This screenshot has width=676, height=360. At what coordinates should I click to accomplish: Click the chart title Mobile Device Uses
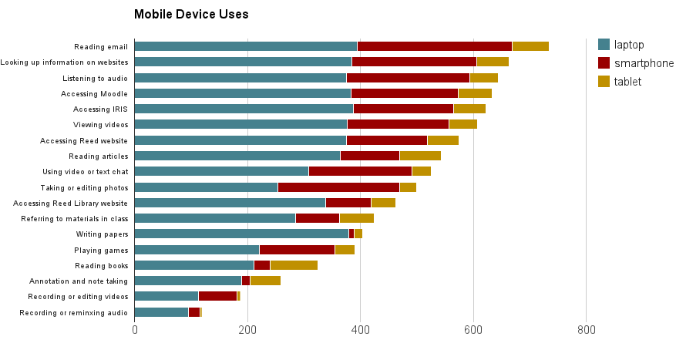[x=191, y=14]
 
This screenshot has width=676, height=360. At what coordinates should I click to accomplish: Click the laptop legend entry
[x=622, y=45]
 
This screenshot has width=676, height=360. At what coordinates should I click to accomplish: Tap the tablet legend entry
[x=621, y=82]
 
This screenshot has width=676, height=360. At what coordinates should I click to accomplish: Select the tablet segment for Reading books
[x=294, y=265]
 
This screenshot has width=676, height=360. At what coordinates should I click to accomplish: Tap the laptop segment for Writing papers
[x=241, y=234]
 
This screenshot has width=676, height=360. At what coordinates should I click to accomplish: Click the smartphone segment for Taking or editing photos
[x=338, y=187]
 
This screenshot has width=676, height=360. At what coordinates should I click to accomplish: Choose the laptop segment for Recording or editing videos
[x=166, y=296]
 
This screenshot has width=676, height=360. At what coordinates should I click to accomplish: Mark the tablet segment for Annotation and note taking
[x=265, y=281]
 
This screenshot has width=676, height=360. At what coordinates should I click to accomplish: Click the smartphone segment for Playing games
[x=297, y=250]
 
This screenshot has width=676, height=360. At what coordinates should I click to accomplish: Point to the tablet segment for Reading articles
[x=420, y=156]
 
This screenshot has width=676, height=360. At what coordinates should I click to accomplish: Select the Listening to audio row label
[x=96, y=78]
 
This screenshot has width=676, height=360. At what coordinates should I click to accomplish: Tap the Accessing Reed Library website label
[x=70, y=203]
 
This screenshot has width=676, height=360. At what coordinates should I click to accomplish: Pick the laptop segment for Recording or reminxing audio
[x=161, y=312]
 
